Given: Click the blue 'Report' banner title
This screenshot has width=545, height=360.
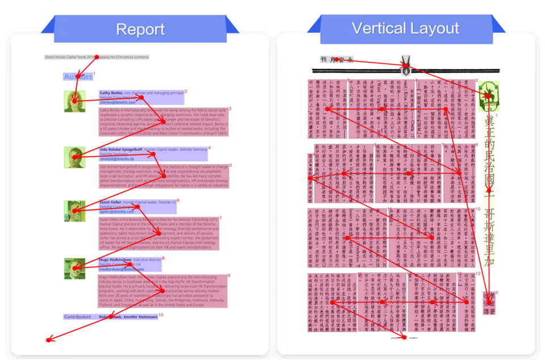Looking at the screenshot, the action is pos(140,29).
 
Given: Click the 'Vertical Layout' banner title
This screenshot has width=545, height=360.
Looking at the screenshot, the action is pos(405,28).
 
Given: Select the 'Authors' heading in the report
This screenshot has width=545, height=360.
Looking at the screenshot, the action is pos(78,77).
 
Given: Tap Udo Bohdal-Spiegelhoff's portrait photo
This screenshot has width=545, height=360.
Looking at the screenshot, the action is pos(74,157).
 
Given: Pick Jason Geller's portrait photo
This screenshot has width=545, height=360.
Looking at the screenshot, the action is pos(74,211).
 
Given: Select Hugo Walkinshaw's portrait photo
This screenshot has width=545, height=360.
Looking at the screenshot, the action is pos(74,268).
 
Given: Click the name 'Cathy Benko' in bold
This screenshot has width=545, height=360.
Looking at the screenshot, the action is pos(111,93).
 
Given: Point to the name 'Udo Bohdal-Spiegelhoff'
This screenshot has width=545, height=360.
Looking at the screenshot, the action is pos(121,150).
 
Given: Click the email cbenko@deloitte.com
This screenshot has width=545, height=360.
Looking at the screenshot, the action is pos(114,102).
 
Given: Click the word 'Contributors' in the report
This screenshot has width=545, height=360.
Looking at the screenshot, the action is pos(77,317).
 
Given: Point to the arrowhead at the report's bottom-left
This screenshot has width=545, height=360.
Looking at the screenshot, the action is pos(48,341).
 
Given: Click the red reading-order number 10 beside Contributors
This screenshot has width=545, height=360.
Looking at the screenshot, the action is pos(161,315).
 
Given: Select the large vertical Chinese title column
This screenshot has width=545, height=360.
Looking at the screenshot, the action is pos(489,193).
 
